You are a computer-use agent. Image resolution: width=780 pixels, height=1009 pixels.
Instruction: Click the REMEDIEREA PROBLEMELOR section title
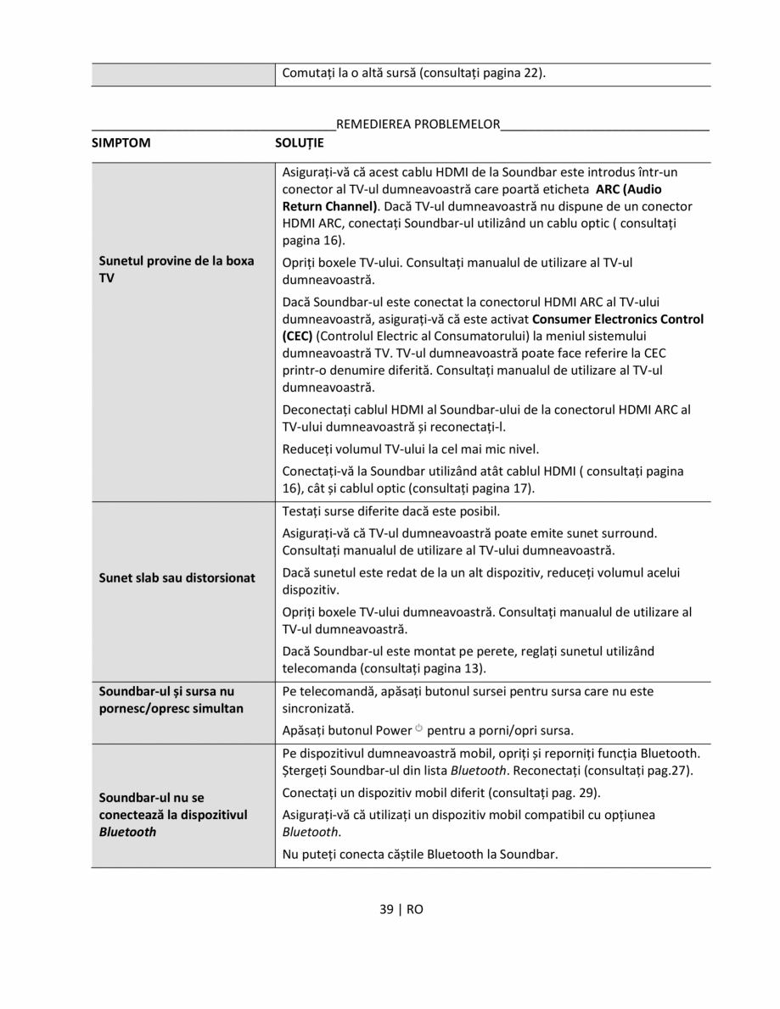pos(418,124)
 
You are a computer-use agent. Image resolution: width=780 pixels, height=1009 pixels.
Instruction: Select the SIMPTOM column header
pos(121,142)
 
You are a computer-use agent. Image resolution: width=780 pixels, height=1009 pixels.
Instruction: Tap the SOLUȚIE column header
pos(300,142)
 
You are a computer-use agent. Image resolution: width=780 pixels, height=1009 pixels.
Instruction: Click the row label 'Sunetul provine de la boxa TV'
pos(177,270)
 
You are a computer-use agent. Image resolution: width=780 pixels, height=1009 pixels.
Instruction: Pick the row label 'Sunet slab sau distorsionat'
pos(177,577)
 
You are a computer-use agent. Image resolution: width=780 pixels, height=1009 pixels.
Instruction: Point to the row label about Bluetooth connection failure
pos(173,814)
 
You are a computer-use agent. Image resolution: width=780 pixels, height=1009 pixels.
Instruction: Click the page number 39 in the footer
pos(387,909)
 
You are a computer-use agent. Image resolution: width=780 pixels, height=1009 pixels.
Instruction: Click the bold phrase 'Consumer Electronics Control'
pos(618,320)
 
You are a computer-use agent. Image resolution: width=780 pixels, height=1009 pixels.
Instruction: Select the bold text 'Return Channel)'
pos(330,206)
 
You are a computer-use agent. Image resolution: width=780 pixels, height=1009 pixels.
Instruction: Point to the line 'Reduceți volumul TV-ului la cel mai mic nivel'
pos(411,449)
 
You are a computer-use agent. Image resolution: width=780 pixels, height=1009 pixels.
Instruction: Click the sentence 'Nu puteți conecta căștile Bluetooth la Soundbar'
pos(420,854)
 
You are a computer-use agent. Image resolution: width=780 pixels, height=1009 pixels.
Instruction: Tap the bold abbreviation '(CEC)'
pos(297,336)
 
